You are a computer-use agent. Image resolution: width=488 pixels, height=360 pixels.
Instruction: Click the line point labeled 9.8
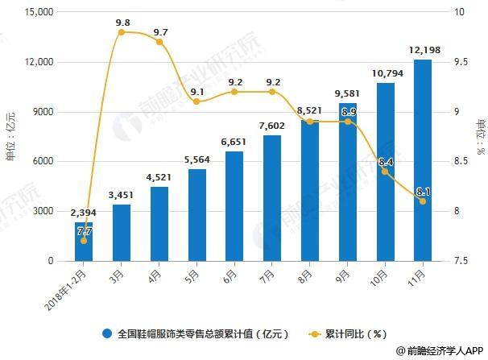(x=122, y=32)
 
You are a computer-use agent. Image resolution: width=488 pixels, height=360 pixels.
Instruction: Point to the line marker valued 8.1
(x=423, y=201)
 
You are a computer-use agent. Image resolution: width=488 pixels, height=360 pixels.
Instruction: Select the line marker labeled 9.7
(x=159, y=42)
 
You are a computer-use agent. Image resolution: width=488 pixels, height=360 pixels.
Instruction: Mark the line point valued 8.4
(x=385, y=171)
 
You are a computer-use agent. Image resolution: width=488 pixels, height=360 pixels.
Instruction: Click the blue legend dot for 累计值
(x=106, y=332)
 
